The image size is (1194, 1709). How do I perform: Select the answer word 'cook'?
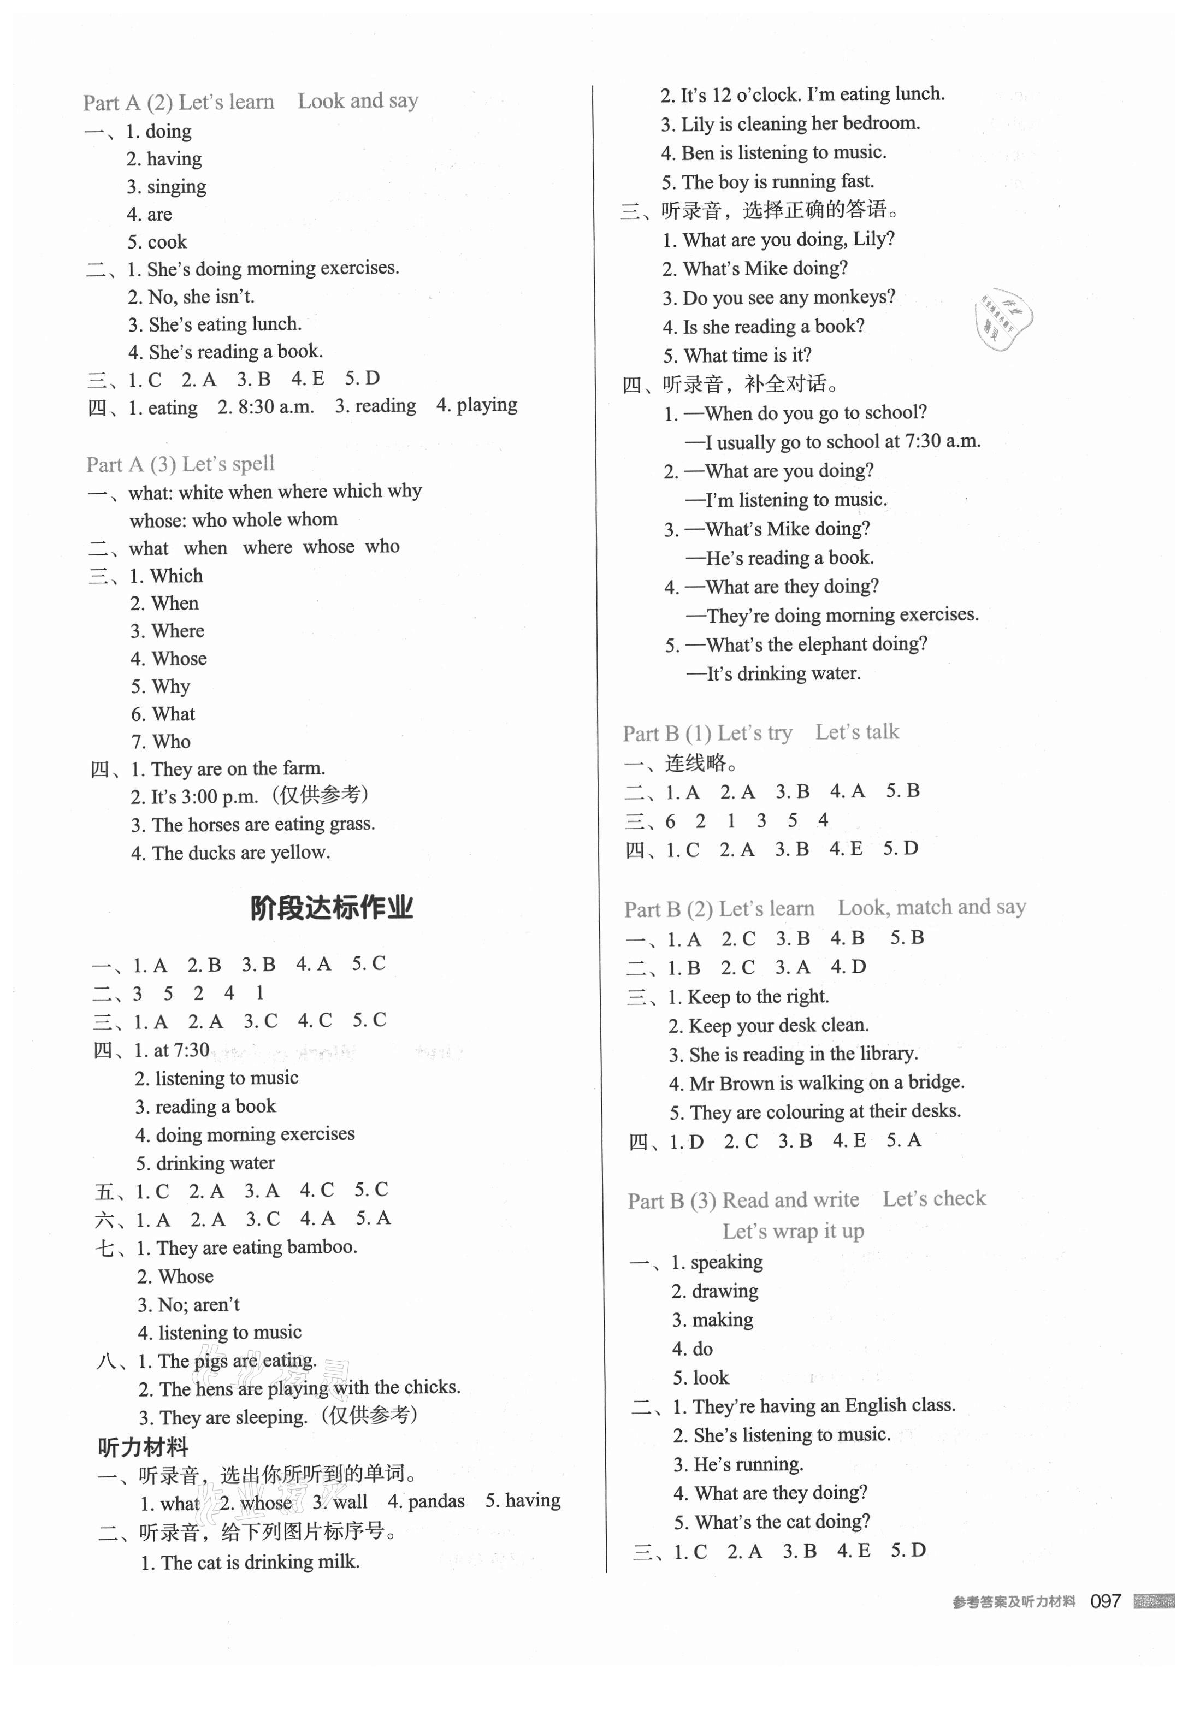click(x=168, y=242)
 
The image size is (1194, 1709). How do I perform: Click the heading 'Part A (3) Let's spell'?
click(x=180, y=464)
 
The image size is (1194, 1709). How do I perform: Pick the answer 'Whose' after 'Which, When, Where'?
click(x=179, y=659)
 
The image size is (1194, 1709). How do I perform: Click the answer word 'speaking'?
click(x=716, y=1262)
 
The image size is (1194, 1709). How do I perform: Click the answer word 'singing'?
click(x=176, y=186)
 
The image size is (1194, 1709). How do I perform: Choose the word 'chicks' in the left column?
click(x=432, y=1387)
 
